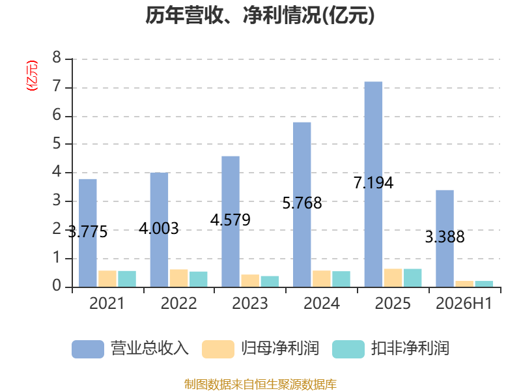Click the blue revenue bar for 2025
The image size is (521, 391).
[373, 184]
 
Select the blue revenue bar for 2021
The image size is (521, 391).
[88, 233]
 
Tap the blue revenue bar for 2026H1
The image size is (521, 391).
[445, 239]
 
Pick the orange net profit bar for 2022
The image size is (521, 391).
[178, 278]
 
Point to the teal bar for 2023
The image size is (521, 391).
[270, 282]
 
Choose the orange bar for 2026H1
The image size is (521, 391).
[464, 284]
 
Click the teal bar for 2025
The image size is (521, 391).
[413, 278]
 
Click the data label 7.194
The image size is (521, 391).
[373, 183]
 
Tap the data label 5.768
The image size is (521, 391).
[302, 203]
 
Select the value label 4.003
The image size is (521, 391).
[159, 229]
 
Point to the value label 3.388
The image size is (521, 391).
[445, 237]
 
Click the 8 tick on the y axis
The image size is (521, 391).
[57, 57]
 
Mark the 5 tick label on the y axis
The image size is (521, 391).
[57, 143]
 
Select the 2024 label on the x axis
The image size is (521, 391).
[322, 303]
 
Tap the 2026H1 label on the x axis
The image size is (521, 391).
[464, 303]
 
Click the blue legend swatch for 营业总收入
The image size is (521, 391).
[88, 349]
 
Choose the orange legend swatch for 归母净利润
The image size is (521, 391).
[218, 349]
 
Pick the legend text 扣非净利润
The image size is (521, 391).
[410, 349]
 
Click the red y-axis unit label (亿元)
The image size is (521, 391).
[32, 76]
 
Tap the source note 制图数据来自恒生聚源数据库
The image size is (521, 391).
[260, 384]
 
